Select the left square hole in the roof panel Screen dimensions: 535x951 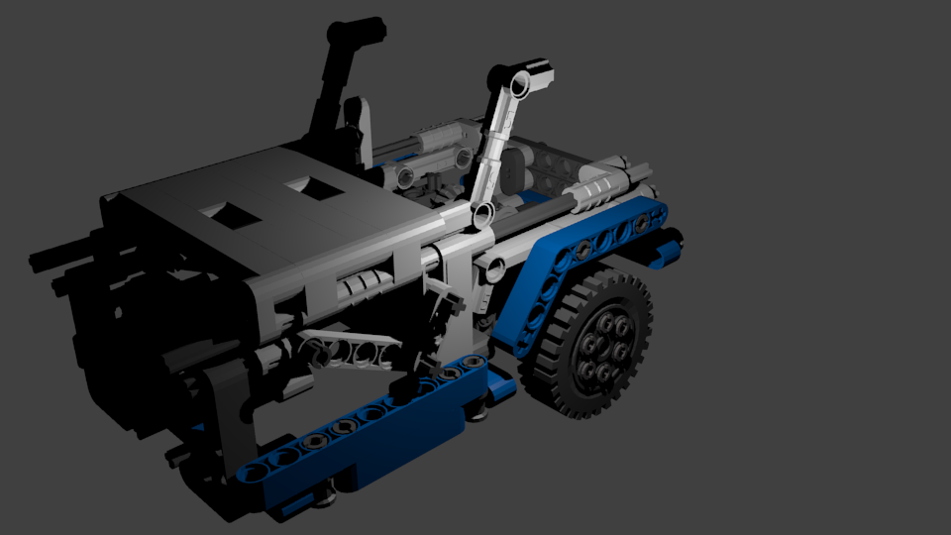tap(227, 211)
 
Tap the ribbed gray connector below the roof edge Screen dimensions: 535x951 tap(363, 287)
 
